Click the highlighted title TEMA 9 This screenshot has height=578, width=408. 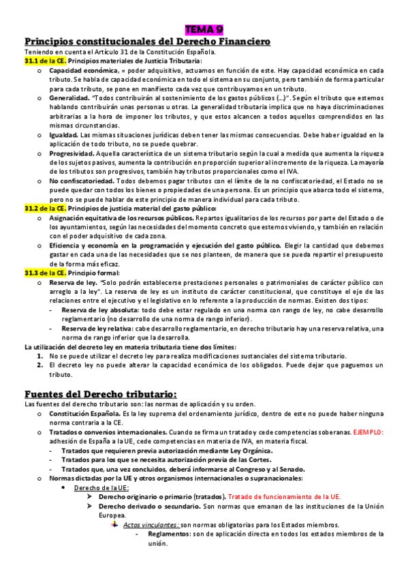point(204,29)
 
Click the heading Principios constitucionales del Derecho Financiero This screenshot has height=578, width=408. point(147,42)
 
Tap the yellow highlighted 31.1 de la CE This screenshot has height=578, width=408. point(45,61)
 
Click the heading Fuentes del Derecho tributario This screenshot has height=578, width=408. point(100,395)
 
